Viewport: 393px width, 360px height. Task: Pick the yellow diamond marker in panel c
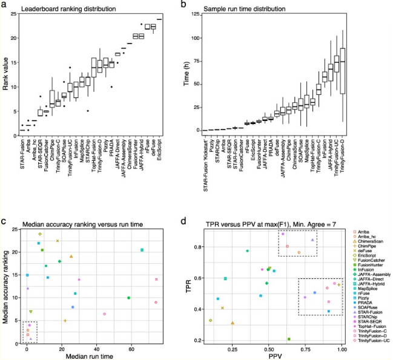tap(40, 234)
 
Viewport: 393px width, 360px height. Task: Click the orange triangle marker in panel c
tap(71, 257)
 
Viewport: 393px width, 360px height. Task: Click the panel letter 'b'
tap(184, 4)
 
